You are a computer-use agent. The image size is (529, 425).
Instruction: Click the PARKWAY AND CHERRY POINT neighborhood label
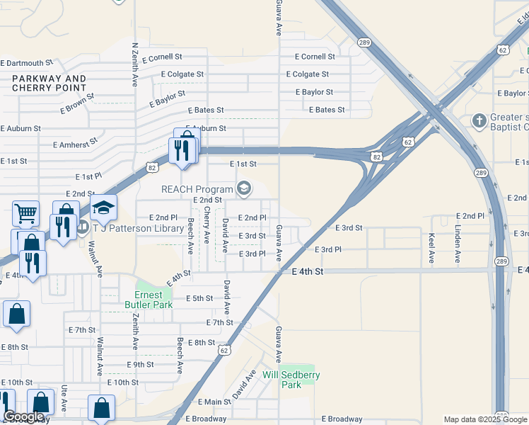point(49,84)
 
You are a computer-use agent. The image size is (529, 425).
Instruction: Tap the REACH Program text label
point(197,189)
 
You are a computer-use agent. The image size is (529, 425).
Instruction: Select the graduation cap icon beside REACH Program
point(244,188)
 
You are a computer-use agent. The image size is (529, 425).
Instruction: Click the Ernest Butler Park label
point(149,300)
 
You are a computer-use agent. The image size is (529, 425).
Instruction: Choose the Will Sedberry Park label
point(291,380)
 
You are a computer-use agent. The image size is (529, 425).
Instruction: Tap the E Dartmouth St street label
point(26,63)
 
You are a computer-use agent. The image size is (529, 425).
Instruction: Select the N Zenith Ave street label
point(134,64)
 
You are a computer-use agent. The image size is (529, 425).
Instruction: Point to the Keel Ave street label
point(431,249)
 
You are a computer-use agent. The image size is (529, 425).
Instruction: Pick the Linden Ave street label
point(458,245)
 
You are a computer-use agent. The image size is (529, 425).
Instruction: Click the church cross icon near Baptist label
point(479,120)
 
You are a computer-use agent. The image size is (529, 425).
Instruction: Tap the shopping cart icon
point(25,212)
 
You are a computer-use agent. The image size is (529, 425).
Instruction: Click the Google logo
point(23,417)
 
